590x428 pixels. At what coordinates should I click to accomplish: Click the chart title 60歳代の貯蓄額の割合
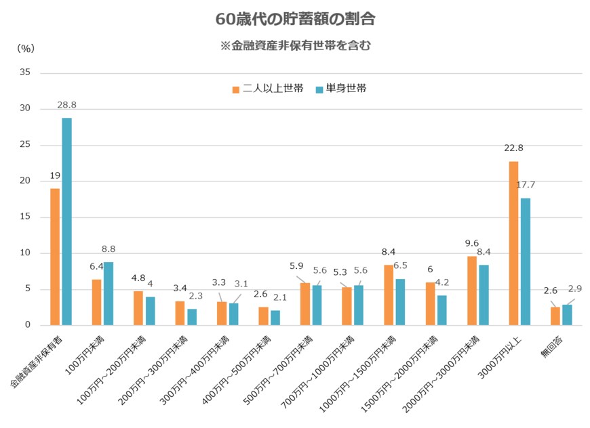(295, 19)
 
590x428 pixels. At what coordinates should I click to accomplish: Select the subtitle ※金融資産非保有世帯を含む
(295, 47)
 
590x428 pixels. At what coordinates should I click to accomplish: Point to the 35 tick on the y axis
(25, 72)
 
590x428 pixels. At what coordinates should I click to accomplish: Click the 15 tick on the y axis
(25, 217)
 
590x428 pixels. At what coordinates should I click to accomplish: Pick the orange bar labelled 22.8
(513, 243)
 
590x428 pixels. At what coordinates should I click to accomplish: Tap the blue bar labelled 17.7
(525, 261)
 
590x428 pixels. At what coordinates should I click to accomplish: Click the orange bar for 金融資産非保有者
(55, 257)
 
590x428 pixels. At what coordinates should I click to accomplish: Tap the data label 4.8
(138, 278)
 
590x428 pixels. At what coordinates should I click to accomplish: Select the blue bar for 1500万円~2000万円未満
(441, 310)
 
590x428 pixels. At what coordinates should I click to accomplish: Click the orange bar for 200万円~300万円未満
(180, 313)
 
